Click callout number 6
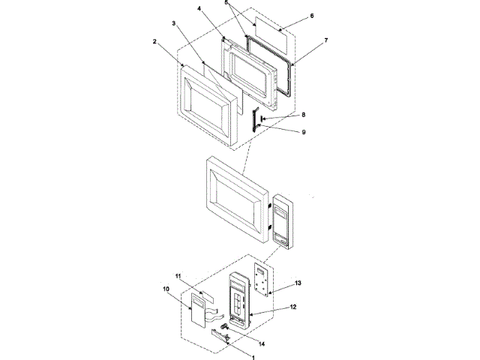312,15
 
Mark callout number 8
303,115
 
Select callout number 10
165,288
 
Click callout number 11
178,277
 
